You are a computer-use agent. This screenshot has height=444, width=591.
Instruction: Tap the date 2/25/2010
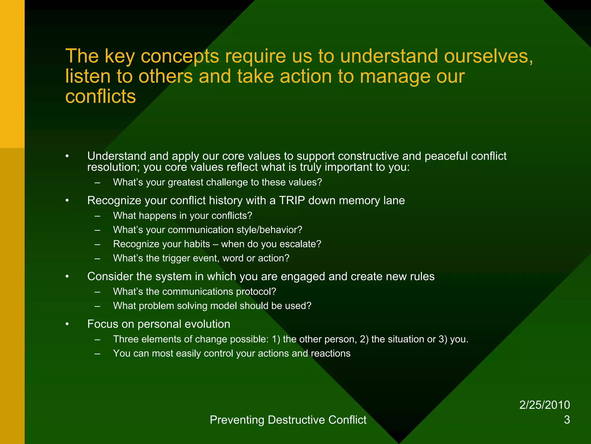(544, 405)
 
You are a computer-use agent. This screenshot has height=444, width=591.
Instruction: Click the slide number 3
(567, 420)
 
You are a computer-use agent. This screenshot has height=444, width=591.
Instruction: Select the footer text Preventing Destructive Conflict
(288, 420)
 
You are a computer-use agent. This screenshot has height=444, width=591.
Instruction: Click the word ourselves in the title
(488, 56)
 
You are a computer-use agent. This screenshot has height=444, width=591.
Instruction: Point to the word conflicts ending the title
(100, 96)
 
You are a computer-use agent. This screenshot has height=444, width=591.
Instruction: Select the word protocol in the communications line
(256, 292)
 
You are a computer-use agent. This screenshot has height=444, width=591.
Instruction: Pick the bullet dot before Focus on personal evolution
(67, 324)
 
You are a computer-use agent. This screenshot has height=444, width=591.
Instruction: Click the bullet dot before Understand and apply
(67, 156)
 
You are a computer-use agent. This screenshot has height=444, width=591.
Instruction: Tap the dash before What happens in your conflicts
(97, 216)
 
